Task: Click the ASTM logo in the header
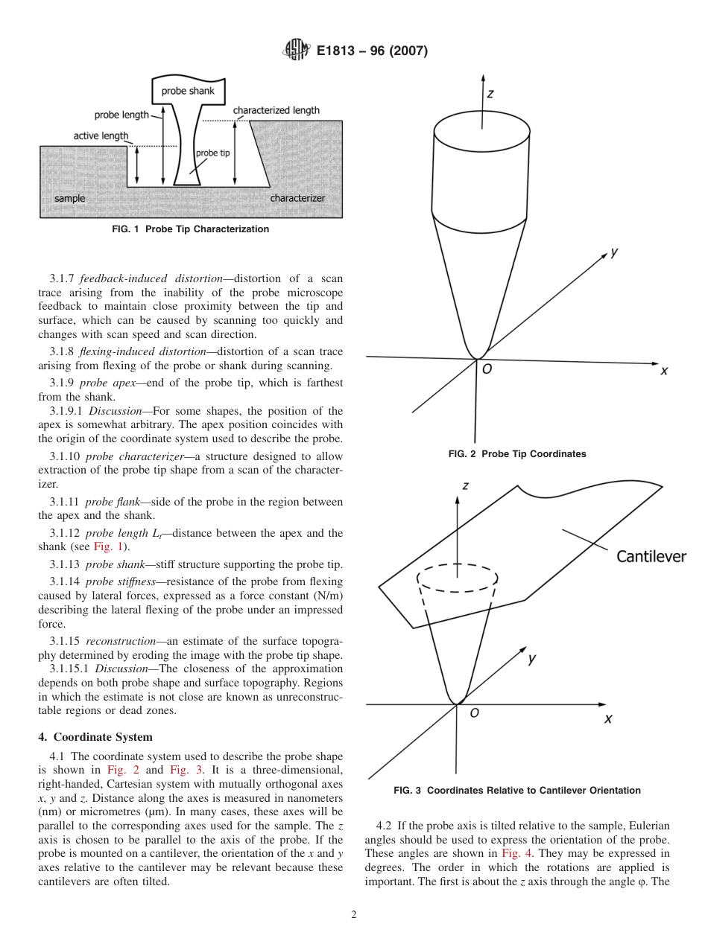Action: (297, 51)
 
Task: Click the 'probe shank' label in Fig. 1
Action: (188, 91)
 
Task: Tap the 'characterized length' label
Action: (276, 110)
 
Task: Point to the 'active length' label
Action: (101, 136)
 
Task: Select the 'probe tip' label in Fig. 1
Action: (212, 153)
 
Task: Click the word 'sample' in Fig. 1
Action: (69, 199)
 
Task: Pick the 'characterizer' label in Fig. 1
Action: (297, 199)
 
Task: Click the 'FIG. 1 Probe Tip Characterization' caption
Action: (190, 229)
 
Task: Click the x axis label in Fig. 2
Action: (663, 371)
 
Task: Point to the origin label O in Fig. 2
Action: (487, 369)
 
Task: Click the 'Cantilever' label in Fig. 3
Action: (651, 556)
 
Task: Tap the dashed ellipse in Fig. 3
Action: (457, 578)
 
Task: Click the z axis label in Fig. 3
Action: (465, 485)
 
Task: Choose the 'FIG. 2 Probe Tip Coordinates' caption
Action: (516, 454)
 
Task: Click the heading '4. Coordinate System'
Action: (95, 737)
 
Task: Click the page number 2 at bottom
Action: (353, 915)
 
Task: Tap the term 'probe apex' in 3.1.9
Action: (110, 383)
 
